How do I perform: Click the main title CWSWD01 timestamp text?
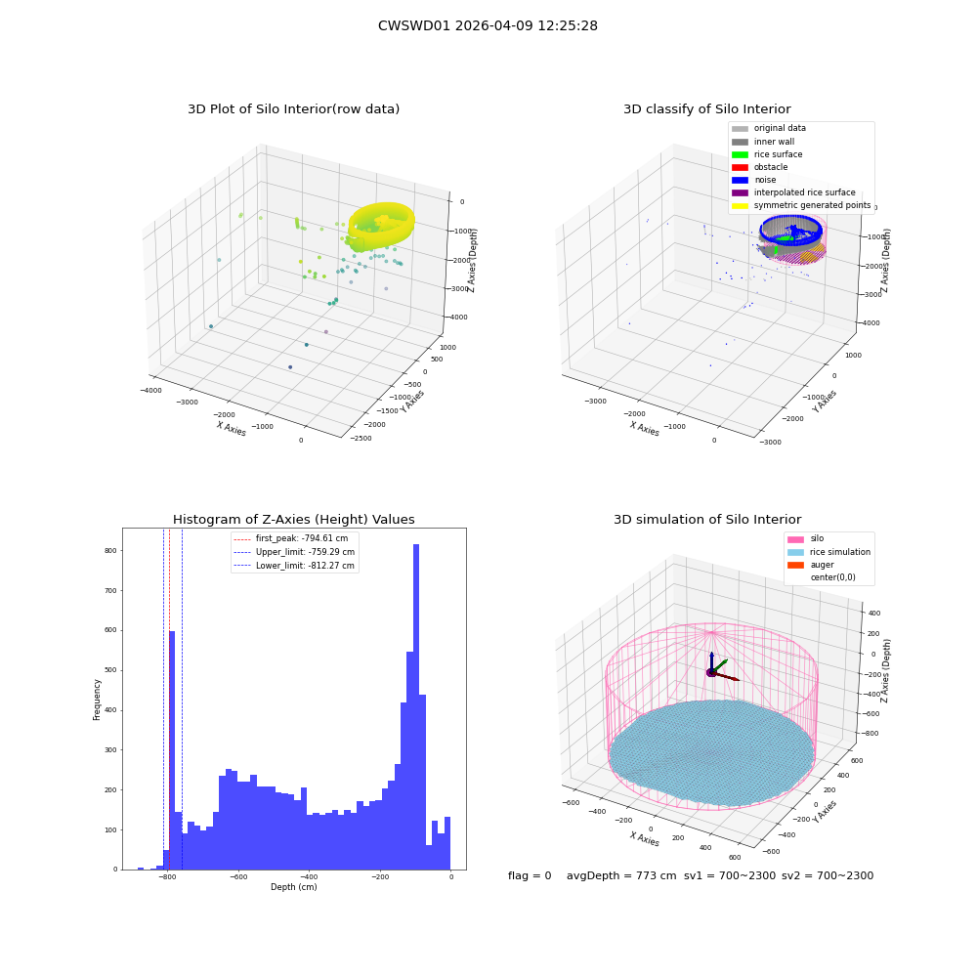click(x=488, y=25)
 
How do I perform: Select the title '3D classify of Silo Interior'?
click(x=707, y=109)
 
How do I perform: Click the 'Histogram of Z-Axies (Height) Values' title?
click(x=293, y=519)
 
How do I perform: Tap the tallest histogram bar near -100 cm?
click(x=416, y=706)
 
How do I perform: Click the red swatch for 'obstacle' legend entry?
click(x=740, y=167)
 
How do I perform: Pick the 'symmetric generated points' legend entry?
click(x=801, y=205)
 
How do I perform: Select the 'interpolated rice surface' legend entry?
click(x=793, y=192)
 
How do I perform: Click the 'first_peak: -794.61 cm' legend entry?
click(x=291, y=538)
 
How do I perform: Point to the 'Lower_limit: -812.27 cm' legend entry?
click(x=294, y=566)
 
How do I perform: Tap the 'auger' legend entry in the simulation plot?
click(x=811, y=565)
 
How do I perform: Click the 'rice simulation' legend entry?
click(x=828, y=552)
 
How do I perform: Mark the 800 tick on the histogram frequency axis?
click(x=110, y=551)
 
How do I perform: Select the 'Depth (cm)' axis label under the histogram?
click(x=293, y=887)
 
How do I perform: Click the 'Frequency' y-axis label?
click(x=97, y=700)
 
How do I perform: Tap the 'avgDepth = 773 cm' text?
click(x=621, y=875)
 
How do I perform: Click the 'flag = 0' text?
click(x=530, y=875)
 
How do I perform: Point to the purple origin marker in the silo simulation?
click(x=711, y=672)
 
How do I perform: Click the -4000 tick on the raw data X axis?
click(x=151, y=391)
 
